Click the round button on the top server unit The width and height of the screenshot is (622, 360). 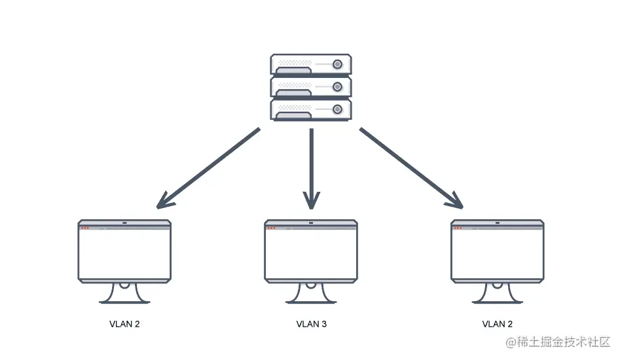click(x=338, y=64)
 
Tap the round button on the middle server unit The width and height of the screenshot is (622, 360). click(x=338, y=86)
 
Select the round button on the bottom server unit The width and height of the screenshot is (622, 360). click(x=338, y=109)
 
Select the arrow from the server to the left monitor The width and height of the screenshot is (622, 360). click(x=208, y=168)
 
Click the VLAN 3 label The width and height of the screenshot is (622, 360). click(x=311, y=324)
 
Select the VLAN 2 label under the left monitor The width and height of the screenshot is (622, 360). click(x=124, y=324)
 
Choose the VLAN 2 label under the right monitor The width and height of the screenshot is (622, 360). click(x=498, y=324)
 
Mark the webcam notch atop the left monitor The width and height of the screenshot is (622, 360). click(x=124, y=223)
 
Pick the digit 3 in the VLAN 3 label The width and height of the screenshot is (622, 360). click(x=324, y=324)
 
